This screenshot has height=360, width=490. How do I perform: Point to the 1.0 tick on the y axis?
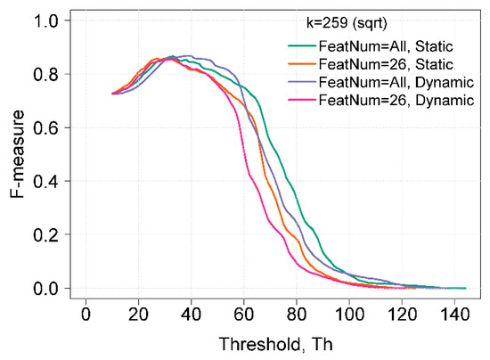[46, 20]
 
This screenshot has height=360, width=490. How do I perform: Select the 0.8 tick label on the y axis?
[46, 74]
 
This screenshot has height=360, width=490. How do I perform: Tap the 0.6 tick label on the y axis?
[46, 127]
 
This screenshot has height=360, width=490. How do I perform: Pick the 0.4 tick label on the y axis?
[46, 181]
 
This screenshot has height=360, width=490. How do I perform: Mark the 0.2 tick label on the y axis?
[46, 234]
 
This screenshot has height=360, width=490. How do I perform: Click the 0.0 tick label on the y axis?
[46, 289]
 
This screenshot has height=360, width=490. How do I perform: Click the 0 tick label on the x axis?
[86, 315]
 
